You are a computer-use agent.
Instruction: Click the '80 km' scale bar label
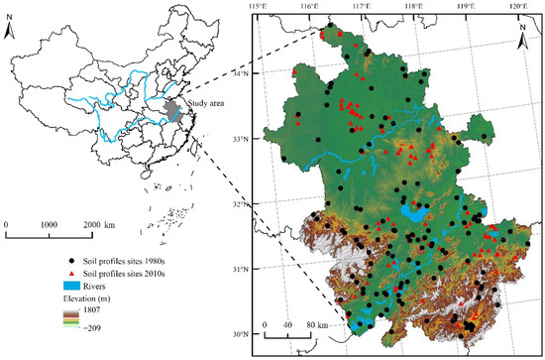click(318, 324)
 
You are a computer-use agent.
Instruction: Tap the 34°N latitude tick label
click(238, 73)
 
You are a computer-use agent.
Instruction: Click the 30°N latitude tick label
click(238, 335)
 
